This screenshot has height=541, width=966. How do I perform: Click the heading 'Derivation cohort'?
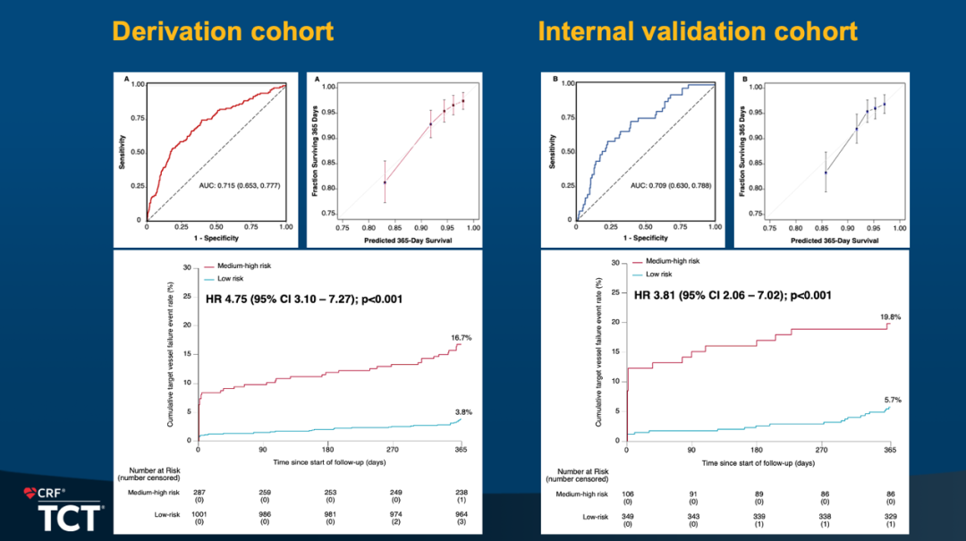pyautogui.click(x=223, y=32)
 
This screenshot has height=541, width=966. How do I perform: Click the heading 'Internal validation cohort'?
pyautogui.click(x=698, y=32)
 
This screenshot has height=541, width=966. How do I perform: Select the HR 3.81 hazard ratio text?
pyautogui.click(x=733, y=295)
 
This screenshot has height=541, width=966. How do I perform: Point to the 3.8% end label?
pyautogui.click(x=462, y=410)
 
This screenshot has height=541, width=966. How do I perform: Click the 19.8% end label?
pyautogui.click(x=889, y=317)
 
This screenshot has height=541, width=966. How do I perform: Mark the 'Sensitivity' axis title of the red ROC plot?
pyautogui.click(x=123, y=152)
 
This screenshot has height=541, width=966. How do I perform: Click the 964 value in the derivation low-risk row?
pyautogui.click(x=461, y=516)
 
